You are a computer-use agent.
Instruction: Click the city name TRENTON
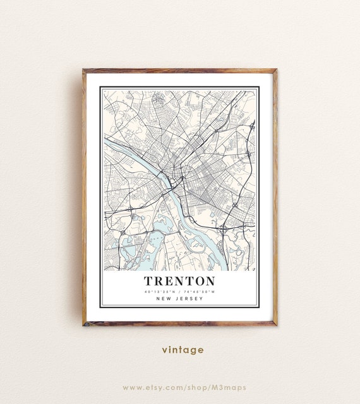tap(179, 281)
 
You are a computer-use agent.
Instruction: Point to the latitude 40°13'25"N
tap(159, 292)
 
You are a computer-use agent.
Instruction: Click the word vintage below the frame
tap(183, 350)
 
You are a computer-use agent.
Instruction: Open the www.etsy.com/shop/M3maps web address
tap(184, 387)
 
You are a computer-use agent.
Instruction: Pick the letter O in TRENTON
tap(196, 281)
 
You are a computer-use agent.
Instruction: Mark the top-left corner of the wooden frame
tap(83, 70)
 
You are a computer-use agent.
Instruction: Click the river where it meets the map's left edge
tap(106, 141)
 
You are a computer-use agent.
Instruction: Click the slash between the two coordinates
tap(179, 292)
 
